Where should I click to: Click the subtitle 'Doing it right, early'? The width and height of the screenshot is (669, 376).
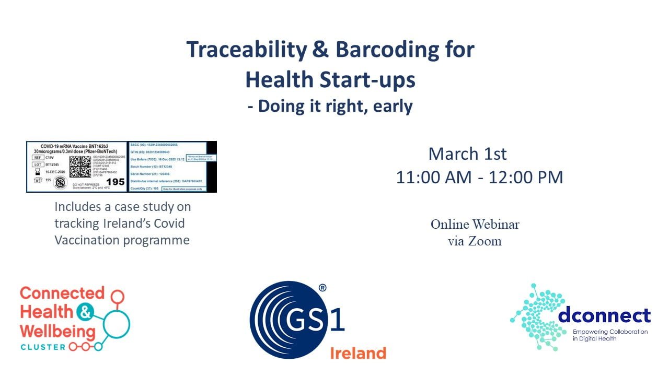coord(330,106)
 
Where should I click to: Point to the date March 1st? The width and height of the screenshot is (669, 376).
coord(467,154)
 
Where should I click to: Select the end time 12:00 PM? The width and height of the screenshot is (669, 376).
coord(526,177)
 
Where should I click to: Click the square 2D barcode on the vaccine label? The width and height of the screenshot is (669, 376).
coord(80,166)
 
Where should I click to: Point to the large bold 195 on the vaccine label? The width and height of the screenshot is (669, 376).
coord(115,182)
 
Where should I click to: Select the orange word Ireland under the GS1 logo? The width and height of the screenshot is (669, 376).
coord(357,353)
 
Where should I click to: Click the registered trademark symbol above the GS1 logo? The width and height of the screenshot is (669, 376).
coord(322,288)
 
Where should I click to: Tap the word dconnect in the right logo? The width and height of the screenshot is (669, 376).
coord(604,315)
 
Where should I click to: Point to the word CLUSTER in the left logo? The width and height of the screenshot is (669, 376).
coord(43,347)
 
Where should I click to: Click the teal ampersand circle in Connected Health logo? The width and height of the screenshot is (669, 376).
coord(84,312)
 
